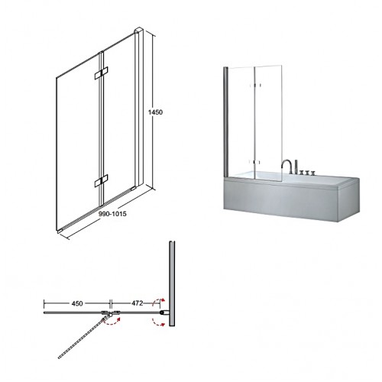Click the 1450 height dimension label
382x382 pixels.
(x=155, y=112)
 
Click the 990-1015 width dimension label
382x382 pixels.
(x=112, y=214)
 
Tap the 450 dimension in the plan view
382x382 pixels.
(x=77, y=303)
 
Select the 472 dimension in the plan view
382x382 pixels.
(x=137, y=303)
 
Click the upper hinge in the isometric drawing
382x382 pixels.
(x=101, y=73)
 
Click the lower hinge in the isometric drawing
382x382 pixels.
(x=101, y=180)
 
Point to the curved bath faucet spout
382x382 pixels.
(x=286, y=166)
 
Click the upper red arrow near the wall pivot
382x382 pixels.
(x=158, y=301)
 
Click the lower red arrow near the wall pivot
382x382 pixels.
(x=158, y=322)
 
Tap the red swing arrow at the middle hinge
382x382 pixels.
(x=112, y=322)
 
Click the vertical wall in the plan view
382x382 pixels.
(x=172, y=283)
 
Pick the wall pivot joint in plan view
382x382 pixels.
(x=163, y=312)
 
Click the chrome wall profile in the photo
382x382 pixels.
(x=225, y=121)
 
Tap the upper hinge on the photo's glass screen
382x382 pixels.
(x=254, y=85)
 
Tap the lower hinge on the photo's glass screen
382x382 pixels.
(x=254, y=162)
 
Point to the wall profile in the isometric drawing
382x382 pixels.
(x=139, y=108)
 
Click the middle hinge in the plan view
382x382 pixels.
(x=111, y=313)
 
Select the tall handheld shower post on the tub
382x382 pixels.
(x=296, y=167)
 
